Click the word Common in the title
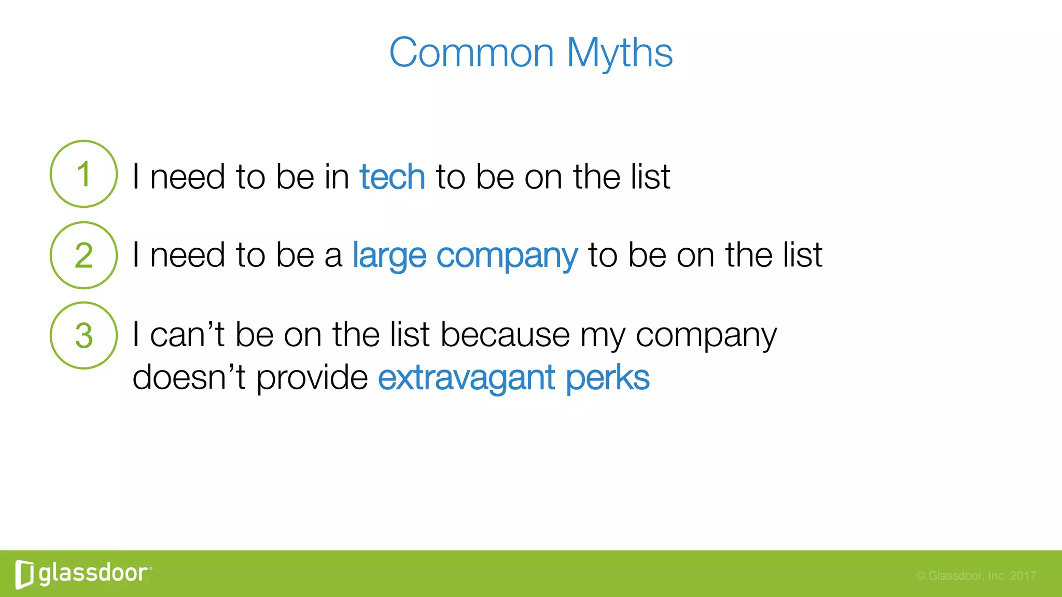[471, 53]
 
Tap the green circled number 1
[83, 174]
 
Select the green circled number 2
[83, 255]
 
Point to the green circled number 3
[83, 336]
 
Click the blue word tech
[392, 177]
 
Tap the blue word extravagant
[466, 378]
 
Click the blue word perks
[607, 378]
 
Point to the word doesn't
[188, 377]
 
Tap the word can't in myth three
[187, 335]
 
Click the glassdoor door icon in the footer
[24, 574]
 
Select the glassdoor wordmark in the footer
[93, 573]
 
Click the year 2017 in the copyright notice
[1023, 576]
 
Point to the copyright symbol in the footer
[920, 576]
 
